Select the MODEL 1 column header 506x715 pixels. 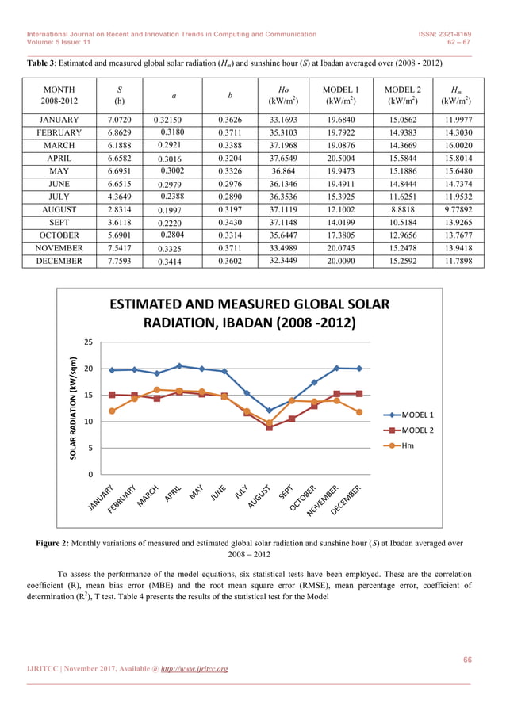coord(340,90)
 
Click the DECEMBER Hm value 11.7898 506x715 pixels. coord(458,261)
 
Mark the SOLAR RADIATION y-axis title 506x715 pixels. coord(72,408)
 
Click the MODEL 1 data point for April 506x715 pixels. coord(179,366)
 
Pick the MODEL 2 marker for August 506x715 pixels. coord(270,427)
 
